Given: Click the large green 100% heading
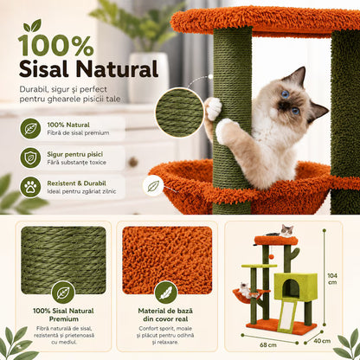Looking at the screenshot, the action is (55, 46).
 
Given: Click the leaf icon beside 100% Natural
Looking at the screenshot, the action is (30, 129).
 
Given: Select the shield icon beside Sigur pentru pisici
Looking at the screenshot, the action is (30, 157).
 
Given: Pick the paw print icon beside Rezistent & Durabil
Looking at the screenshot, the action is (30, 187).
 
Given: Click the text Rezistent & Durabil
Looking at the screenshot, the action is (76, 183).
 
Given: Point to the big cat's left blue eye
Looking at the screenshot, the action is (285, 93).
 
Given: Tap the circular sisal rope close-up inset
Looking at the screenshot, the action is (179, 112).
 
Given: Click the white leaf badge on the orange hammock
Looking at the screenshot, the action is (153, 186).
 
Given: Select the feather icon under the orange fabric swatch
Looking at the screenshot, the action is (165, 292).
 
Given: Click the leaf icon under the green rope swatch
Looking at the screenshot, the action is (63, 292).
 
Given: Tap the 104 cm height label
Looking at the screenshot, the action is (332, 279).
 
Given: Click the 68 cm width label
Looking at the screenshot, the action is (268, 344).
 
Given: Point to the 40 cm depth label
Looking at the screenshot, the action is (322, 341).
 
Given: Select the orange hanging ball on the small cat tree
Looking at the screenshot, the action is (272, 256).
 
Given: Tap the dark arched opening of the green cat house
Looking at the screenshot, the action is (291, 288).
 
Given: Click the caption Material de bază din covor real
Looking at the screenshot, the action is (165, 315).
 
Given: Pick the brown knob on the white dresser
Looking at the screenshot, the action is (133, 162).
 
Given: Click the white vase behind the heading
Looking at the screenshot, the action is (148, 77).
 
